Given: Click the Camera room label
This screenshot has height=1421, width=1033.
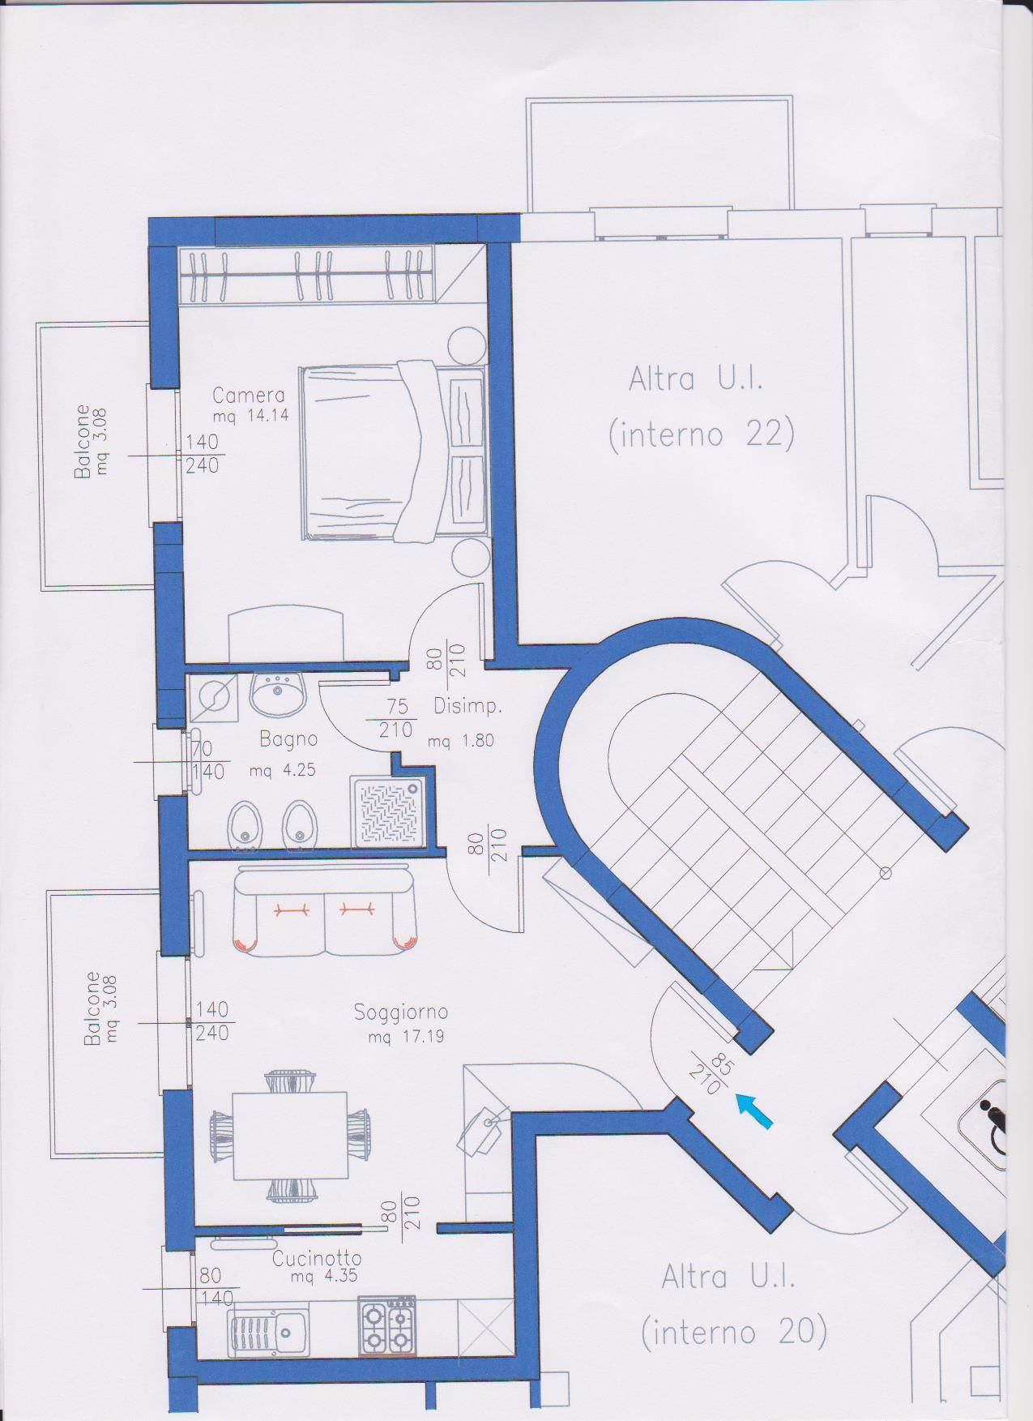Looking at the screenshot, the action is (x=249, y=396).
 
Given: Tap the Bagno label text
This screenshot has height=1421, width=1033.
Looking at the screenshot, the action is (x=288, y=739).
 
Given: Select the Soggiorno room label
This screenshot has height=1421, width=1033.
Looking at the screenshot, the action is (x=401, y=1012).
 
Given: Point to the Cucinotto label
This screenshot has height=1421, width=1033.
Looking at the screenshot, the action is (x=317, y=1282).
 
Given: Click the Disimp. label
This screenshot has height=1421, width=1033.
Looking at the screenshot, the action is (x=468, y=707).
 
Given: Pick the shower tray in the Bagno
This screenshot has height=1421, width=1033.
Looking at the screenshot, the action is (x=385, y=812).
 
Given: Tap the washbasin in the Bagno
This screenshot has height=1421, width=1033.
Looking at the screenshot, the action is (x=278, y=694).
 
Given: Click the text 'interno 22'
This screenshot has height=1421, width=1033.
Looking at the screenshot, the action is (x=702, y=434).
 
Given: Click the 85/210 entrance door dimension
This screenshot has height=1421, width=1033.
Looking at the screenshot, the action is (x=706, y=1072).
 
